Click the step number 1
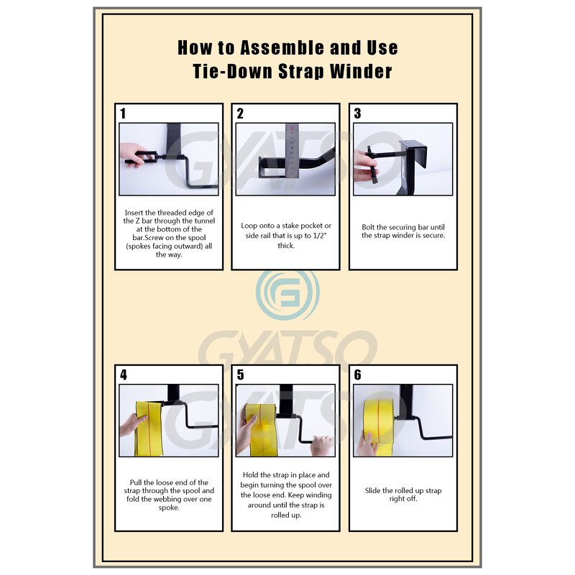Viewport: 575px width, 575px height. (123, 114)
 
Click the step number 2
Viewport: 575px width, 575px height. (240, 114)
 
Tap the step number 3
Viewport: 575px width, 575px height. (357, 114)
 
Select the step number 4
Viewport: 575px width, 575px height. (123, 374)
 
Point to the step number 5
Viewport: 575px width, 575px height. (240, 374)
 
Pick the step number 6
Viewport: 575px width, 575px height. (357, 374)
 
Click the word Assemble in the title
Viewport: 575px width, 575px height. (279, 48)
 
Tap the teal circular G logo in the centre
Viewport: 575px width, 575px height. (287, 295)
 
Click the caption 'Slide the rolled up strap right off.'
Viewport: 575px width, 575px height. (402, 494)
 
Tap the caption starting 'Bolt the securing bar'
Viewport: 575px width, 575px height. (402, 231)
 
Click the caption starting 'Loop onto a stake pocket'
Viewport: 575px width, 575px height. (286, 235)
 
